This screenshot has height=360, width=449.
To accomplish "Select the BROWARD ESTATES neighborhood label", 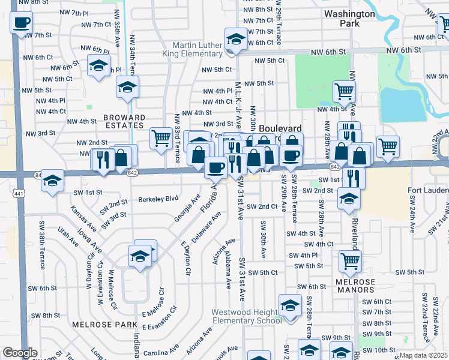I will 116,122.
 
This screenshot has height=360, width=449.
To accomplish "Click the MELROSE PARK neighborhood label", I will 97,324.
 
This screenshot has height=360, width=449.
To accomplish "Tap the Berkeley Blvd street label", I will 159,199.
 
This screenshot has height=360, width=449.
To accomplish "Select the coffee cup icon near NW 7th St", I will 21,23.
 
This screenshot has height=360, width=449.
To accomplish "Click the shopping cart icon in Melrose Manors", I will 350,260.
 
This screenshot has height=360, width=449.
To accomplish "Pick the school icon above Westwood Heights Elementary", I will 290,306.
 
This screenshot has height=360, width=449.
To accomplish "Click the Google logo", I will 20,353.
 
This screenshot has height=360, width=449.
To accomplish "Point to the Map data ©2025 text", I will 423,355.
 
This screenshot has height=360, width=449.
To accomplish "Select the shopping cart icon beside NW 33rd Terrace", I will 161,137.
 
